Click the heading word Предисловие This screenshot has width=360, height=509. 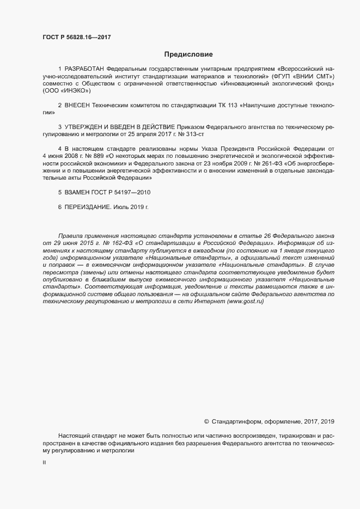(x=188, y=54)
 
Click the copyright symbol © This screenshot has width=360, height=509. (x=206, y=421)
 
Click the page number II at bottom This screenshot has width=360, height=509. (x=44, y=462)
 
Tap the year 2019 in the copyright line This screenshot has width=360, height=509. (x=328, y=421)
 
